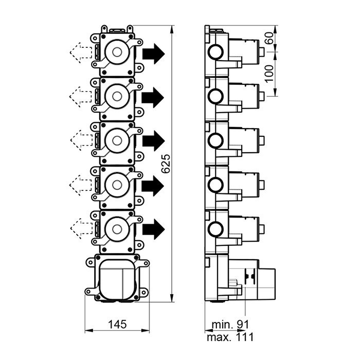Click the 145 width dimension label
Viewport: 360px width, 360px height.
click(117, 325)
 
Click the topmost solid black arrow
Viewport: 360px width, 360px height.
click(153, 53)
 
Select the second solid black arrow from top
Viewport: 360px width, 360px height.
click(153, 97)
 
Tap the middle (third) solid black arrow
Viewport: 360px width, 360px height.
click(153, 140)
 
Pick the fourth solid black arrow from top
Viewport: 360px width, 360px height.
click(153, 184)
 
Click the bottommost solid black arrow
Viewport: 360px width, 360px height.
click(153, 228)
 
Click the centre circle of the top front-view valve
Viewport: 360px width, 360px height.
click(117, 52)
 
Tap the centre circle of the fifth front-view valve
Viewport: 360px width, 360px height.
click(117, 227)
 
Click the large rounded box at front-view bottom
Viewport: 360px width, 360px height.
click(117, 279)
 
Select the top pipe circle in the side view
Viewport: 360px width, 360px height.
click(215, 52)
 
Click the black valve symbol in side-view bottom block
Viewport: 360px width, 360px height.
click(251, 276)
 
